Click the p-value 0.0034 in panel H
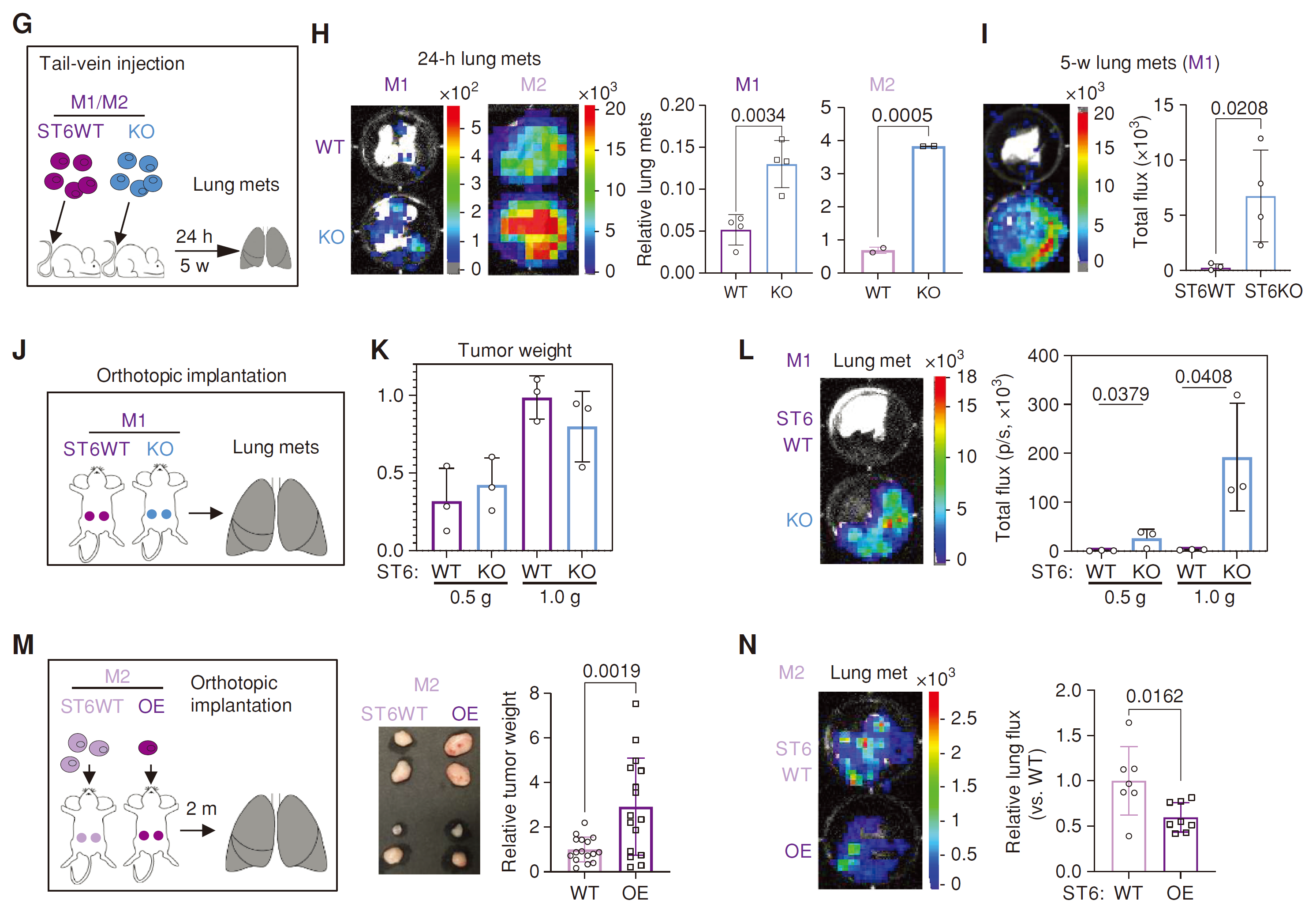[758, 116]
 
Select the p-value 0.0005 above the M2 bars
[901, 116]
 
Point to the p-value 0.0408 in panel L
[1203, 377]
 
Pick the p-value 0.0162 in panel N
[1154, 696]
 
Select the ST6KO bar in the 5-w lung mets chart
[1260, 233]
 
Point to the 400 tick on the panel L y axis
[1043, 356]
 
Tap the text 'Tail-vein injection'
[112, 64]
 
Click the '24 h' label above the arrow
[194, 236]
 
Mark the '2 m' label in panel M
[201, 808]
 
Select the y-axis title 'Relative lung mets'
[644, 189]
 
